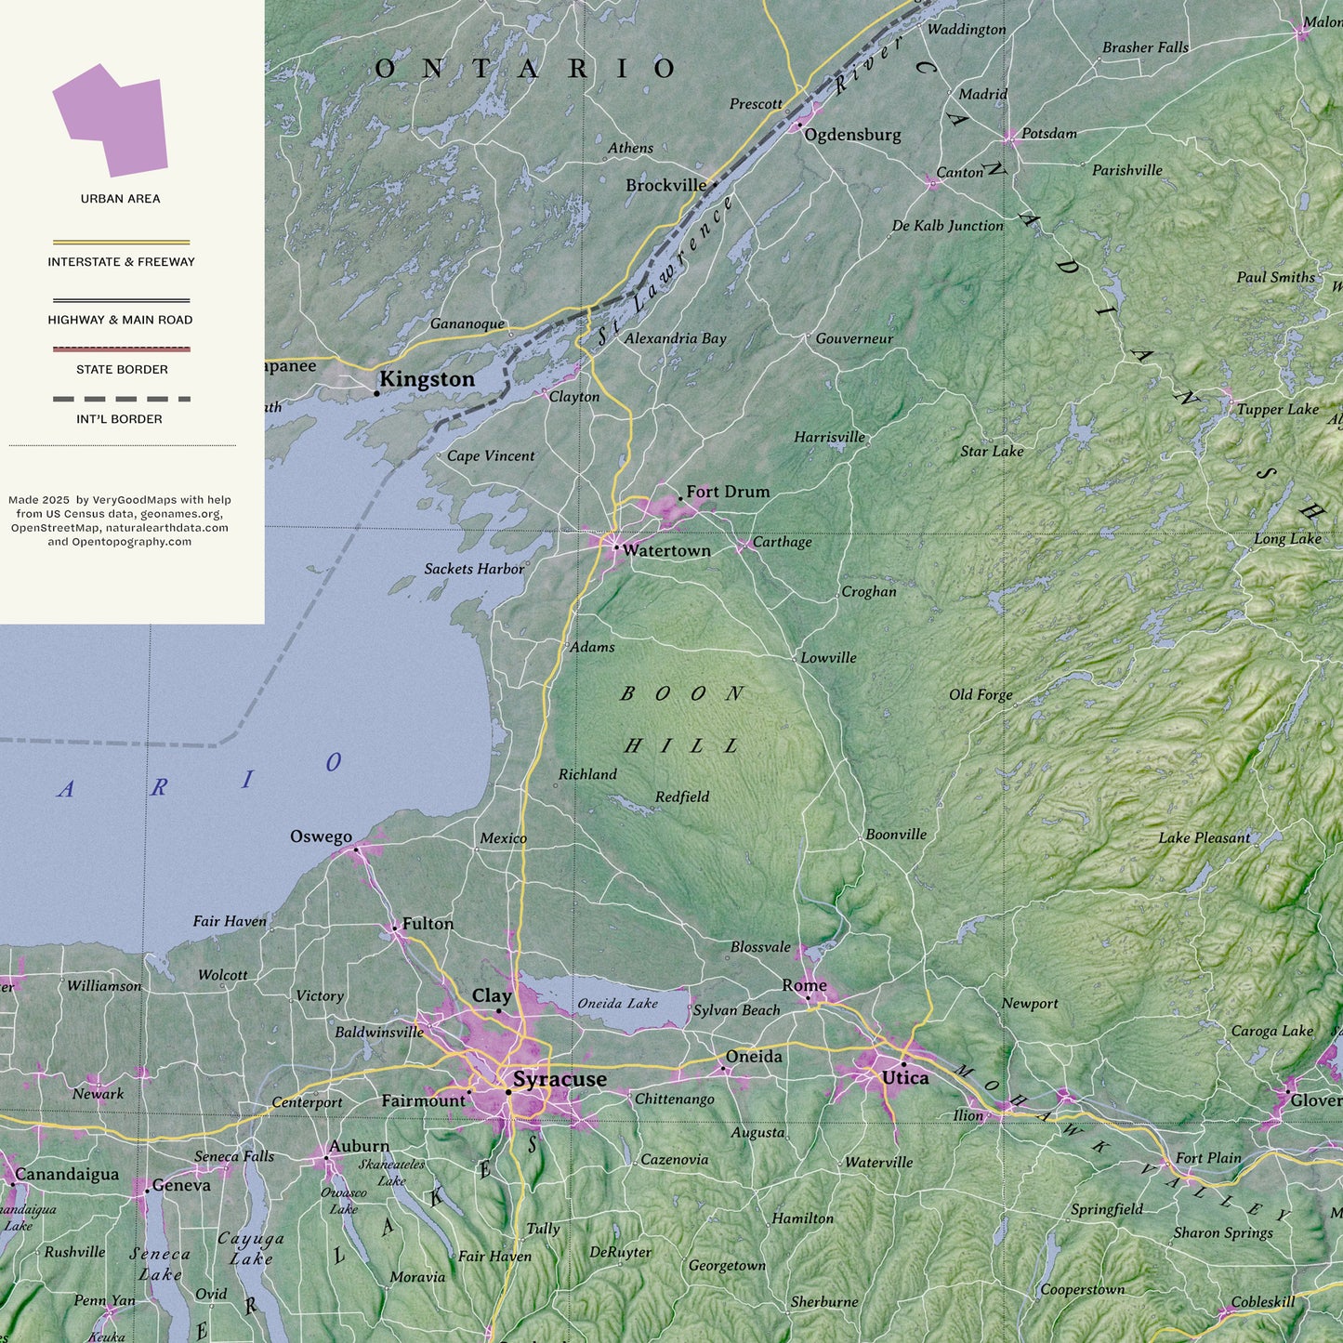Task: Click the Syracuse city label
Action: [x=560, y=1079]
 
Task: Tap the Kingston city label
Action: [x=427, y=379]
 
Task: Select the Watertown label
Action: [x=666, y=550]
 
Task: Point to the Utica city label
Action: [x=904, y=1078]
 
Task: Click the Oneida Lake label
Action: [x=617, y=1004]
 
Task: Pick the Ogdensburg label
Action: [x=852, y=135]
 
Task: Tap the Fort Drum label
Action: [x=728, y=492]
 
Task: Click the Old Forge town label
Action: [x=981, y=694]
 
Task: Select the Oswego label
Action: [x=321, y=836]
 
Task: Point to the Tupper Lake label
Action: [x=1277, y=409]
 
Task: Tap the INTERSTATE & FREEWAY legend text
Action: [x=122, y=262]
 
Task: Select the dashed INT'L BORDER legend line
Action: [x=122, y=399]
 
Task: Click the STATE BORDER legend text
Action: [x=122, y=370]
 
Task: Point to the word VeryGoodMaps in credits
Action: [x=134, y=500]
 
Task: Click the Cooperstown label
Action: [x=1082, y=1289]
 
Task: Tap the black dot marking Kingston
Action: [x=376, y=393]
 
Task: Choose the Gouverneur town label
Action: [x=854, y=338]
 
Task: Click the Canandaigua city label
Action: [x=67, y=1175]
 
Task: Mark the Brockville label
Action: [x=665, y=186]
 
